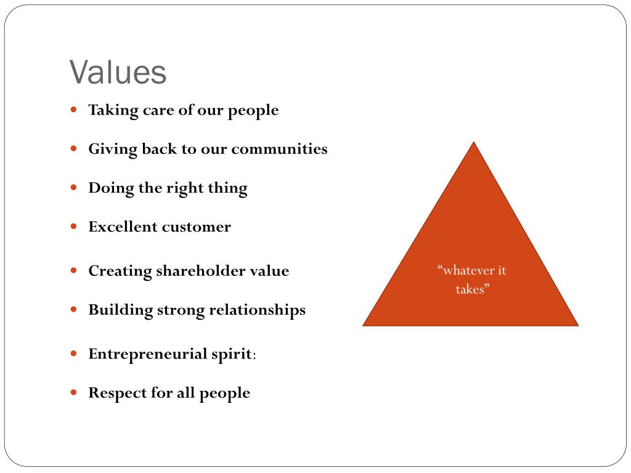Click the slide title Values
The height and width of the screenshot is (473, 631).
tap(118, 73)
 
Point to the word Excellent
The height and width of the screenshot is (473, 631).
tap(123, 227)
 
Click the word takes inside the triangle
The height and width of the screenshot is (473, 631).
tap(471, 289)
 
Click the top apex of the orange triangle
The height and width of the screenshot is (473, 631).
tap(473, 143)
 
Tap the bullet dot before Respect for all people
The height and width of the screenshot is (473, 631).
tap(74, 392)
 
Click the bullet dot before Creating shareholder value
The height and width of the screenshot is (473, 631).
tap(74, 270)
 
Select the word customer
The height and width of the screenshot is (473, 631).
tap(196, 227)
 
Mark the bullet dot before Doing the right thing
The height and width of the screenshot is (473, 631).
tap(74, 188)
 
